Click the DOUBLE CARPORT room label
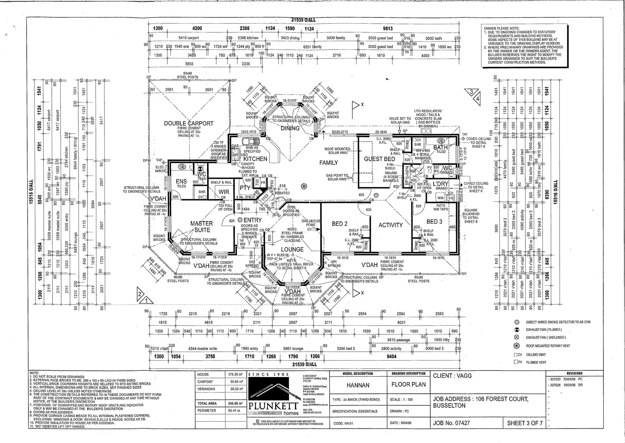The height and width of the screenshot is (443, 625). (x=189, y=123)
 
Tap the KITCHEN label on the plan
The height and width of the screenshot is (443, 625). (x=255, y=159)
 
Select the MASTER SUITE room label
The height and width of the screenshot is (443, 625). (x=202, y=227)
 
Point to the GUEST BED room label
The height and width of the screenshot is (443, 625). (x=380, y=159)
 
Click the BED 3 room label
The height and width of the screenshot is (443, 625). (x=434, y=221)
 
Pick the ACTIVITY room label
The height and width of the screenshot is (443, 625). (x=390, y=225)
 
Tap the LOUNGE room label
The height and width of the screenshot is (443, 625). (x=293, y=250)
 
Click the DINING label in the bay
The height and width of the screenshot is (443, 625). (x=290, y=128)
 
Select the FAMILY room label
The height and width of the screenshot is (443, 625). (x=329, y=162)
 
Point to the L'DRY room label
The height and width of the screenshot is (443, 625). (x=441, y=184)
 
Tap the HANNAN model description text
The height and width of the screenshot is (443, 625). (x=358, y=385)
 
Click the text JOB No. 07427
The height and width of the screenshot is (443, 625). (x=451, y=423)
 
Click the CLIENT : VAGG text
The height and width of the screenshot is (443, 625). (x=452, y=376)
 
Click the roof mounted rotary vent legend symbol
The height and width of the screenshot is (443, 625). (x=517, y=346)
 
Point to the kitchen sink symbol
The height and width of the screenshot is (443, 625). (x=247, y=142)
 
